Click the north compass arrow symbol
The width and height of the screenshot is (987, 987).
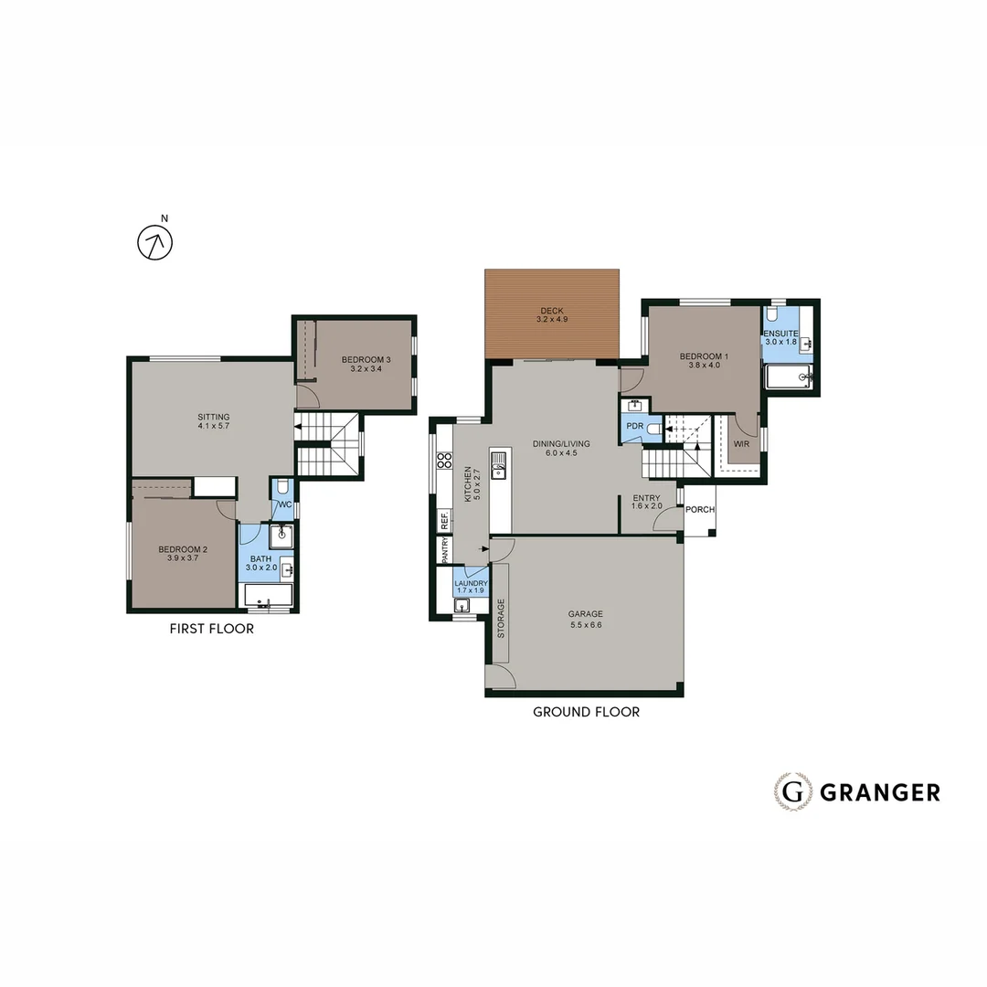pos(154,242)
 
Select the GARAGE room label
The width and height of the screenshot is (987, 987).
pos(585,614)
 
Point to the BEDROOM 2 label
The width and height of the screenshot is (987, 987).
pos(183,549)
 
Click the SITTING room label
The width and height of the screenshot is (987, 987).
pos(214,418)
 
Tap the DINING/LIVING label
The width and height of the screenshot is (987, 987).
pos(561,444)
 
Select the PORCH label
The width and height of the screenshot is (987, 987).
pos(700,510)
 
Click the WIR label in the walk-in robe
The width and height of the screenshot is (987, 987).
pos(740,444)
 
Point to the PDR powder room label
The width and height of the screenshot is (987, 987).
pos(635,426)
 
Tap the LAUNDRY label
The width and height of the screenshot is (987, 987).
pos(472,583)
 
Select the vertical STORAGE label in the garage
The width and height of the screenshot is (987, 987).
pos(500,618)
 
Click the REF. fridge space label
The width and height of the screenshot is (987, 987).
pos(445,520)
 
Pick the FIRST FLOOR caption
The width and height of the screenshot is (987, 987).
pos(212,629)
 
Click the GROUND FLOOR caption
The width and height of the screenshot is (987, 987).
pos(586,712)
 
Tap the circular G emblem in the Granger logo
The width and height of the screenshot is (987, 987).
pos(792,791)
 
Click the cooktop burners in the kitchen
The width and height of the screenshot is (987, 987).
pos(444,461)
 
